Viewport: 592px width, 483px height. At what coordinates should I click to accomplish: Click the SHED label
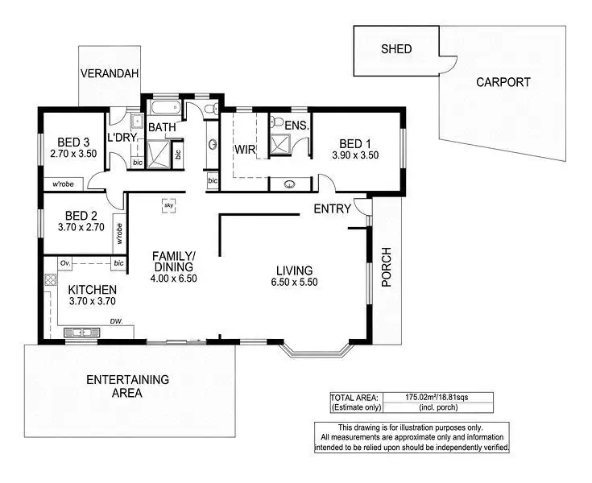point(395,49)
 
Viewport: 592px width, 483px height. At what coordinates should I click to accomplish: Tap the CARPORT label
point(503,81)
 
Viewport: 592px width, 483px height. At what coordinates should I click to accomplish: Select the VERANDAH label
point(110,73)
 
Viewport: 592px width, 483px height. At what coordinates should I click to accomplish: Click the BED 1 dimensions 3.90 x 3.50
point(355,155)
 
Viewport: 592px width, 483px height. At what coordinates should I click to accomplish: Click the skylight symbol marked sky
point(169,204)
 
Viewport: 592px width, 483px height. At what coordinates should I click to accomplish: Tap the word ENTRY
point(333,209)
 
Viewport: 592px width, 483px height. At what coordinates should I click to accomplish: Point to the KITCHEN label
point(92,290)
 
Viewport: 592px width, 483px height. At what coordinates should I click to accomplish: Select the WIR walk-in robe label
point(245,149)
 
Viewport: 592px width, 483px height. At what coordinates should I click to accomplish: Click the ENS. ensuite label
point(296,126)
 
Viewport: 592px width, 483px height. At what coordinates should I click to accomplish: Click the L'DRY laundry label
point(123,138)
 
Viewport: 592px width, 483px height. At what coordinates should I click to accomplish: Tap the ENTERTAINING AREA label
point(126,386)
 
